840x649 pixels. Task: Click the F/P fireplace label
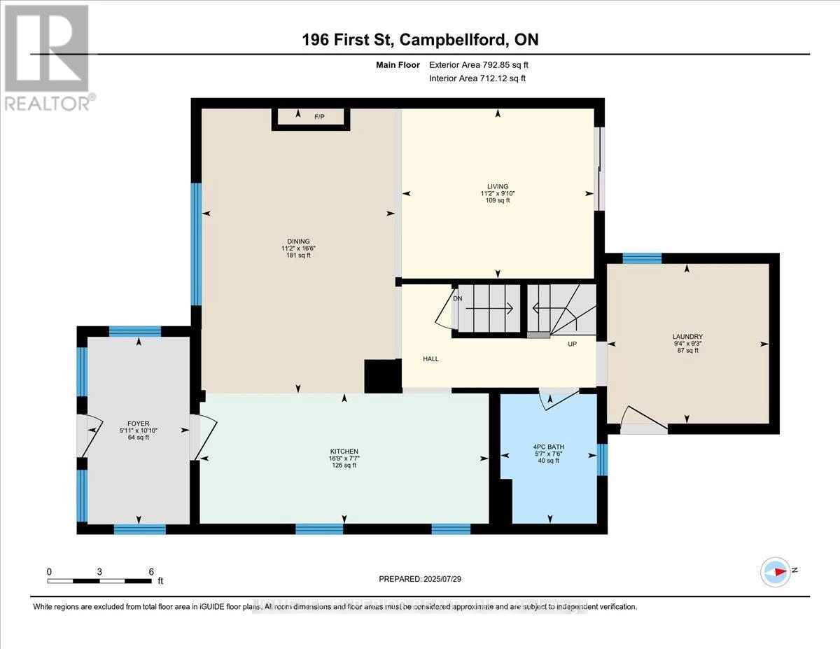pyautogui.click(x=320, y=117)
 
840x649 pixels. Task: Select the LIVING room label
pyautogui.click(x=498, y=186)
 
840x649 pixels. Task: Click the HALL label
pyautogui.click(x=430, y=358)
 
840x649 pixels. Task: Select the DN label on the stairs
pyautogui.click(x=458, y=298)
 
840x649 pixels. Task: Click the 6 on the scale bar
pyautogui.click(x=151, y=571)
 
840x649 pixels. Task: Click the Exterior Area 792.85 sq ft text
pyautogui.click(x=484, y=65)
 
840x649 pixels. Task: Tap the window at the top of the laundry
pyautogui.click(x=642, y=258)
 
